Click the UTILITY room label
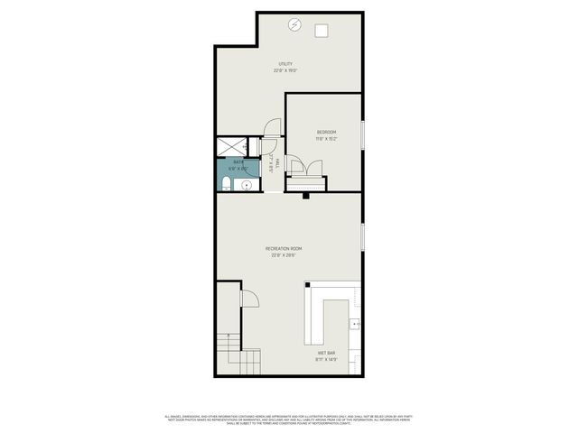(285, 64)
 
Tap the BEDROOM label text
(326, 133)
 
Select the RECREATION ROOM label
(284, 248)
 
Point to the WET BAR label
(325, 353)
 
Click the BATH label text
(238, 162)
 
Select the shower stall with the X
(230, 145)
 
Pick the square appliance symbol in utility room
(321, 31)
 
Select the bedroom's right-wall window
(362, 135)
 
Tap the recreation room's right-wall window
(362, 236)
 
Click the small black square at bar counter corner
(307, 285)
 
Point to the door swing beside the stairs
(250, 298)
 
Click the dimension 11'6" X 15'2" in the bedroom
(326, 139)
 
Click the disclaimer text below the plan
(289, 419)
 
